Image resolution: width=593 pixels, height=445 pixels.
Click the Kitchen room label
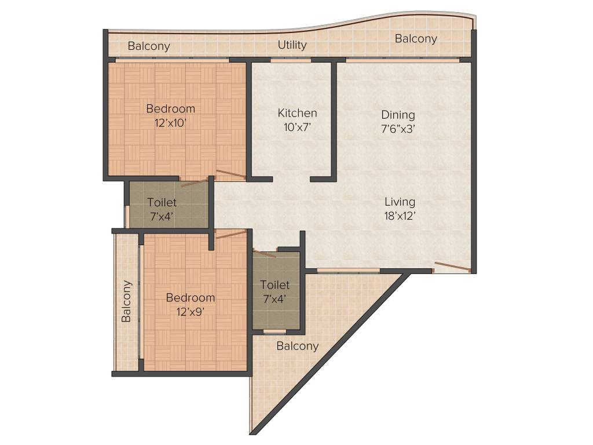coord(297,113)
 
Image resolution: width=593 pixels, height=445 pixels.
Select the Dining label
coord(398,115)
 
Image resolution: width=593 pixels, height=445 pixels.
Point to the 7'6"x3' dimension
coord(398,129)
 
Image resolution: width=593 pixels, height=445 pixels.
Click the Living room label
coord(400,202)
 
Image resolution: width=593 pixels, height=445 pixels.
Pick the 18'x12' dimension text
coord(400,216)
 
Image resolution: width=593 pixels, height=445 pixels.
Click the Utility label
coord(292,45)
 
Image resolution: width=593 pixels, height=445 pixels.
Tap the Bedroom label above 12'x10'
coord(170,108)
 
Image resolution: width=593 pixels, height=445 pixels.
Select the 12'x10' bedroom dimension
coord(170,123)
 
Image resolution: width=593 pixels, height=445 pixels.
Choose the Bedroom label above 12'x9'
coord(191,297)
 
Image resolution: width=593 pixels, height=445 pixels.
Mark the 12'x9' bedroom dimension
coord(191,311)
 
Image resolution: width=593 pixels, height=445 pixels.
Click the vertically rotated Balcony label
coord(126,301)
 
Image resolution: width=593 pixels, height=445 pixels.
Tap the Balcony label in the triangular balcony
coord(298,346)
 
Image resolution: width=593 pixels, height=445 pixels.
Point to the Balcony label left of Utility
coord(149,46)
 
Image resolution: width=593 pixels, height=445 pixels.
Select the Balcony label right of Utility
coord(416,39)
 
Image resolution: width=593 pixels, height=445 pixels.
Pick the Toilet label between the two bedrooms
coord(162,202)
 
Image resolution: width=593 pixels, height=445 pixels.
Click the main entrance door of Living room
coord(452,267)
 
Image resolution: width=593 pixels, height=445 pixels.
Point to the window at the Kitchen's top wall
coord(291,59)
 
